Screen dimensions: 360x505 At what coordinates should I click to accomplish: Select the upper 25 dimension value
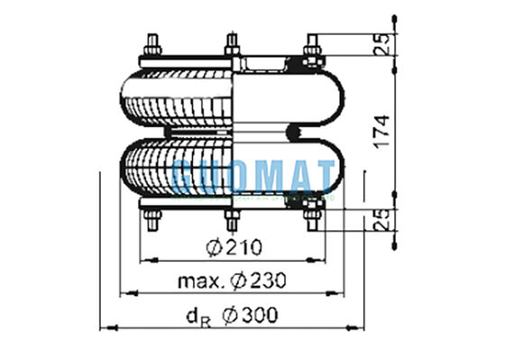pyautogui.click(x=384, y=43)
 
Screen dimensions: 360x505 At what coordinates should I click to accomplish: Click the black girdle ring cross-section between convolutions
pyautogui.click(x=294, y=133)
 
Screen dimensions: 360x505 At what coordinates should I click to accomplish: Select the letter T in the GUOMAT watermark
pyautogui.click(x=323, y=175)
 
